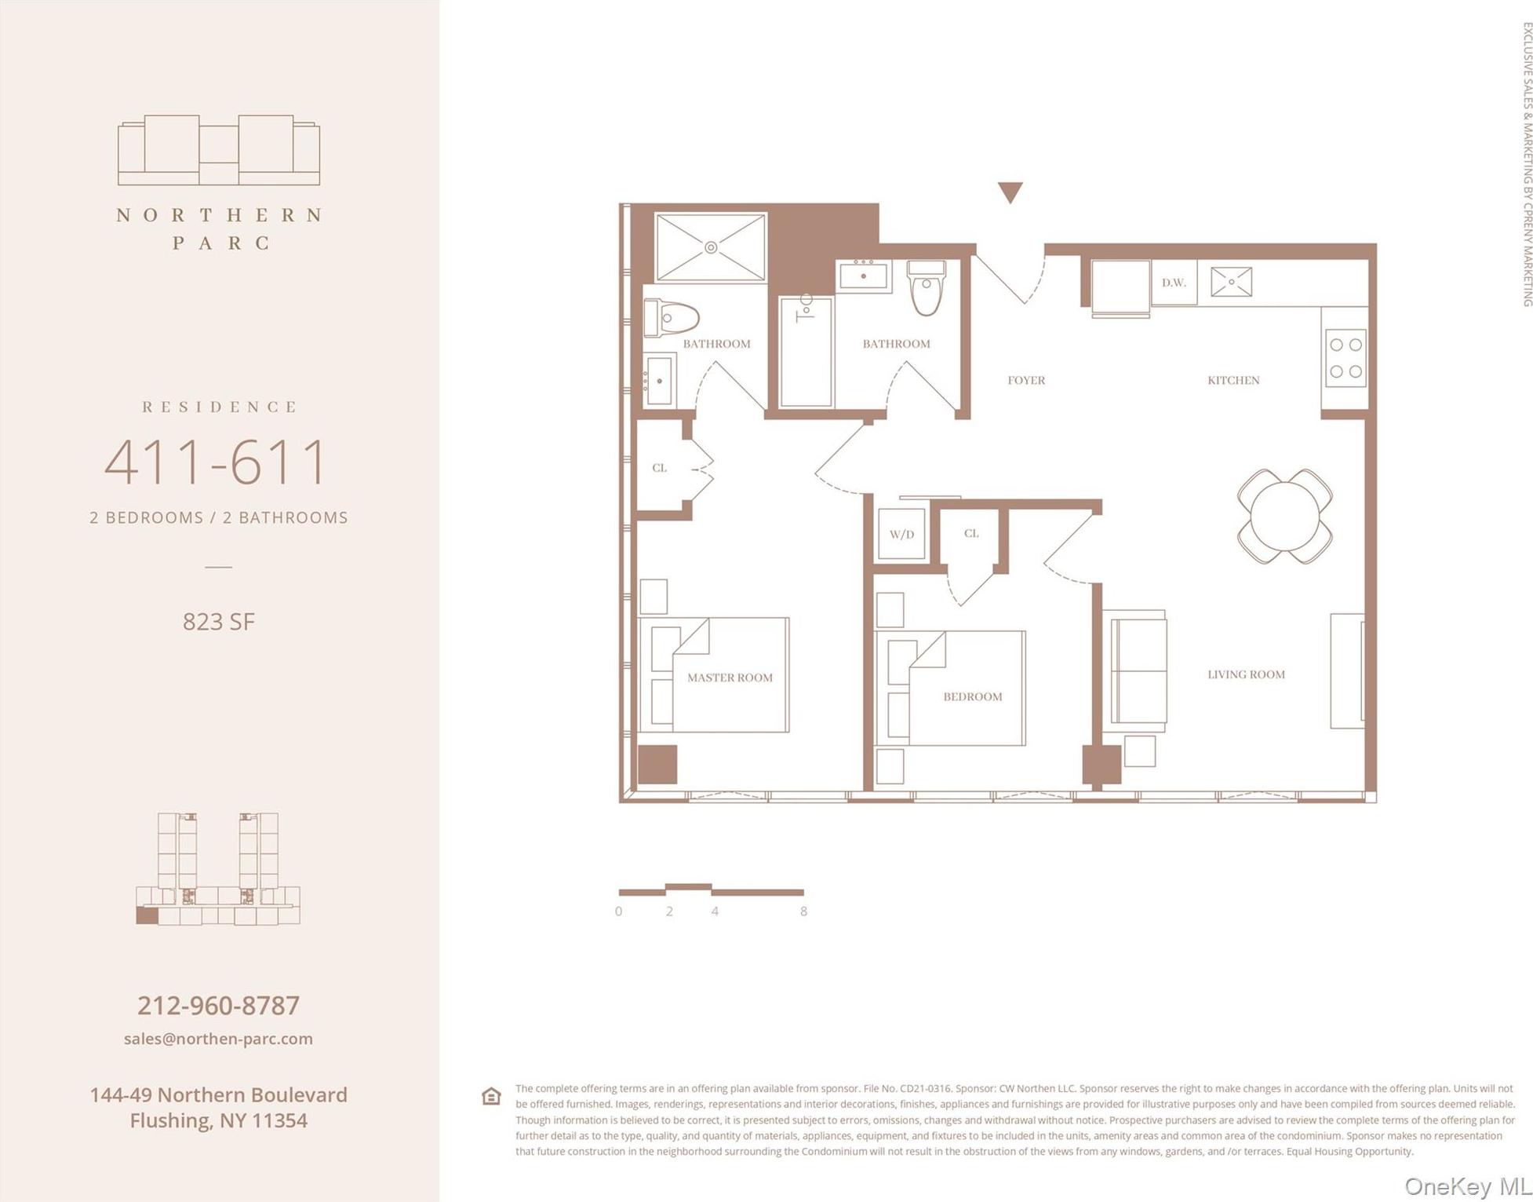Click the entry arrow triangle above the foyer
(x=1010, y=192)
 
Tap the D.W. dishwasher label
(x=1173, y=283)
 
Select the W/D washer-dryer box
(x=901, y=534)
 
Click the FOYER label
(x=1025, y=380)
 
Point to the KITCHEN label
(x=1233, y=380)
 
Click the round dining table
(x=1284, y=516)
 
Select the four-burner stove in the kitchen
(x=1345, y=358)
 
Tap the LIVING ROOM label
(x=1245, y=674)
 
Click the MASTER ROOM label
(x=729, y=677)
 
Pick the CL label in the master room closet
(x=659, y=467)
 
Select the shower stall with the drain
(x=710, y=247)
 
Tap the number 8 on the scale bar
(x=803, y=912)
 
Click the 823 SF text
(x=218, y=621)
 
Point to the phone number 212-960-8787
(x=218, y=1005)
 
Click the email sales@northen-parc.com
(x=218, y=1038)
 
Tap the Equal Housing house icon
(x=491, y=1096)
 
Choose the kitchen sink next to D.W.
(x=1230, y=282)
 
